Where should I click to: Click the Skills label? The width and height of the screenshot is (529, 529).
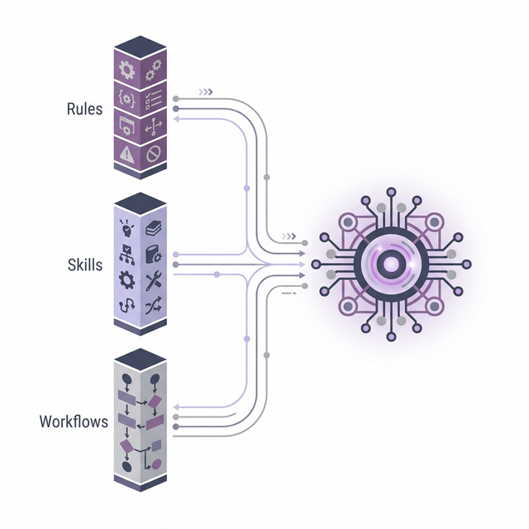85,264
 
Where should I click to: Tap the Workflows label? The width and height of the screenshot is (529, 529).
74,422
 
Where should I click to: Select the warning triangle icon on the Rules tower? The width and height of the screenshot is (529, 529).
126,151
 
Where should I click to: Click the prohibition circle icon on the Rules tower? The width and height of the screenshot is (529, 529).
154,154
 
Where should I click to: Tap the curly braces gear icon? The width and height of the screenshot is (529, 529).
127,97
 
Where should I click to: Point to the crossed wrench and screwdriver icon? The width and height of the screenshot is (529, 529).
153,281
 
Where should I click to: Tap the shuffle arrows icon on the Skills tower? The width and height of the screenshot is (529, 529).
153,307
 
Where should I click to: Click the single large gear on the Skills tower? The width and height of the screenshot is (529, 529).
126,279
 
